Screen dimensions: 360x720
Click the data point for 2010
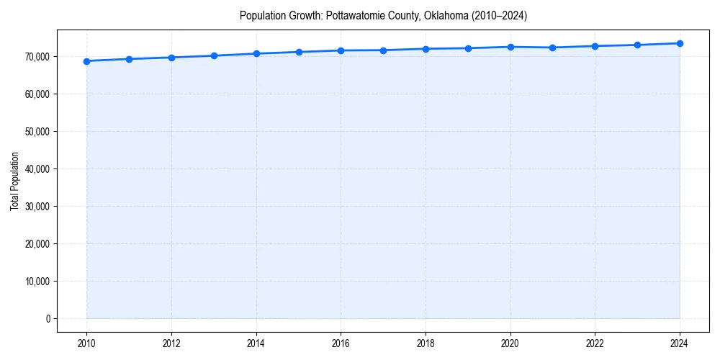(86, 61)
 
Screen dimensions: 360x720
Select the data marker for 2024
(680, 43)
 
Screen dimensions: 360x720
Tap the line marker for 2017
(383, 50)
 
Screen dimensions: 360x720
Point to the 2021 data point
(552, 48)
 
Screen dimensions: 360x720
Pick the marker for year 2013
(214, 55)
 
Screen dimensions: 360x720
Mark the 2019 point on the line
(468, 48)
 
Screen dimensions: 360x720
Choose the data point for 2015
(299, 52)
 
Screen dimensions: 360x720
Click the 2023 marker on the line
(637, 45)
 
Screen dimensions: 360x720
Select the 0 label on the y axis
(48, 319)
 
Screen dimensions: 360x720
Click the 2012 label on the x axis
(171, 343)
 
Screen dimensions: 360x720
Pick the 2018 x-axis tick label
(426, 343)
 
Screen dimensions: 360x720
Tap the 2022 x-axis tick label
(595, 343)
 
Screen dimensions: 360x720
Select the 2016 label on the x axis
(341, 343)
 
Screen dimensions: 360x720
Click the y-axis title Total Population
(14, 181)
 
